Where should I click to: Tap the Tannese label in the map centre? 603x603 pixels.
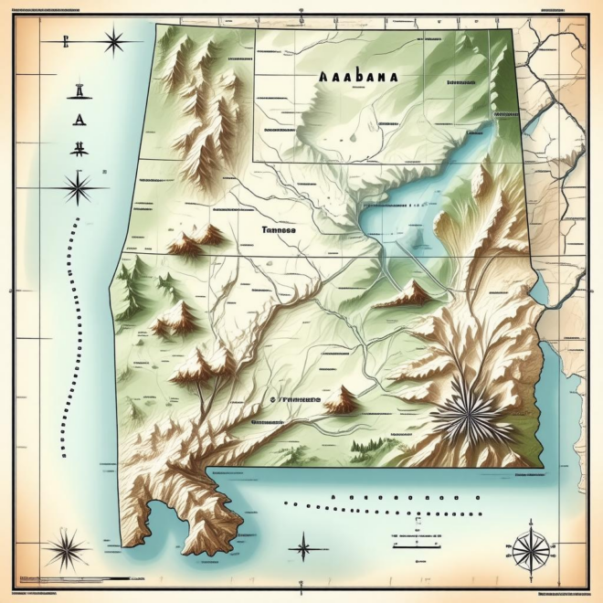[278, 231]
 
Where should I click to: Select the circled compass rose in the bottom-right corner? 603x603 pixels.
[530, 551]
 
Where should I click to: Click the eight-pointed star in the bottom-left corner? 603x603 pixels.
[68, 551]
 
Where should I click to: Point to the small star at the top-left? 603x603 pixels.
[114, 41]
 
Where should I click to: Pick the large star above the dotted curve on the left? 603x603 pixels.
[78, 189]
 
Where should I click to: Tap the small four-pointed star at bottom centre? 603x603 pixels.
[303, 549]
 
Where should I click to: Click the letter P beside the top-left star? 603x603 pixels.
[65, 41]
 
